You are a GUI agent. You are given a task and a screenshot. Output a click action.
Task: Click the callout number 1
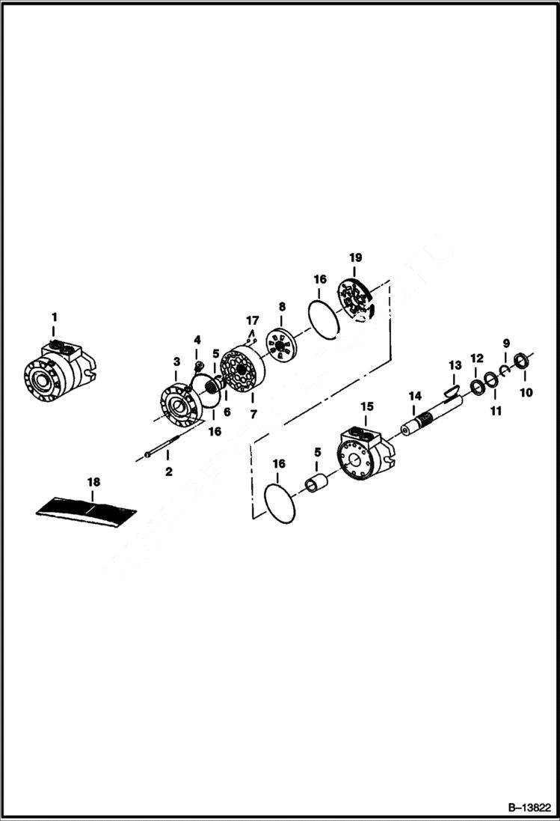pos(53,317)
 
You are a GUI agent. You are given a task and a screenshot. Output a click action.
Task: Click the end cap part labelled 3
pos(178,404)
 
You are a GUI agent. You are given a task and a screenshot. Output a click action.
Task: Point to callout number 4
pos(197,340)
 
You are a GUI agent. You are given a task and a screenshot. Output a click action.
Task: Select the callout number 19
pos(354,257)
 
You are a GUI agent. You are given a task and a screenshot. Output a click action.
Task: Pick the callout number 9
pos(505,343)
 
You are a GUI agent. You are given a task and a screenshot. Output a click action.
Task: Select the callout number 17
pos(253,321)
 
